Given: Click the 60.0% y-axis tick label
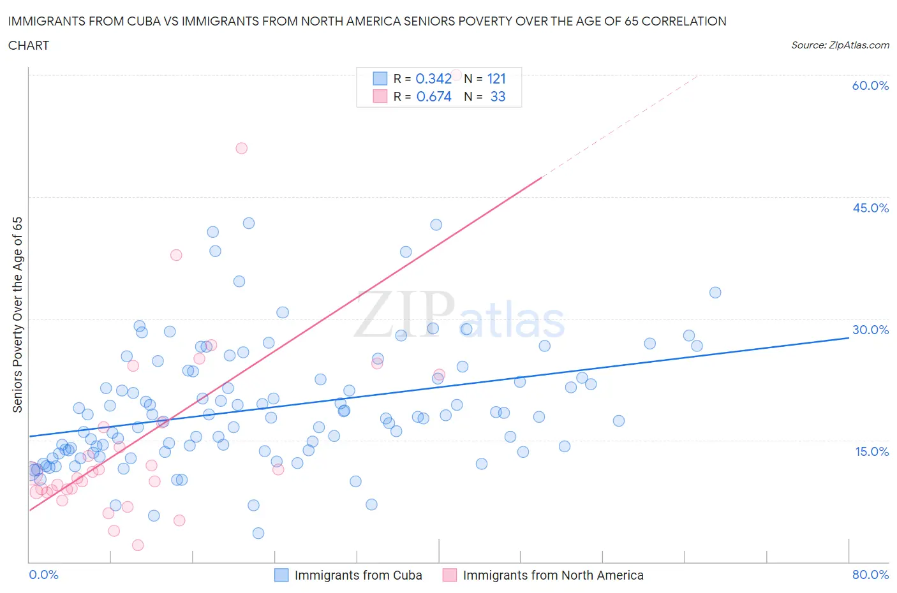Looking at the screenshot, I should click(x=870, y=85).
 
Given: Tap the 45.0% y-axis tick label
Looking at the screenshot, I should click(x=870, y=208).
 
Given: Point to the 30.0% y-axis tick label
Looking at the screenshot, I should click(x=870, y=330).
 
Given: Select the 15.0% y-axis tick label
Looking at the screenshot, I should click(x=870, y=451).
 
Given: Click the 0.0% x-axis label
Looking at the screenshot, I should click(x=43, y=575).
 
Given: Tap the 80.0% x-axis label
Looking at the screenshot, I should click(x=870, y=575).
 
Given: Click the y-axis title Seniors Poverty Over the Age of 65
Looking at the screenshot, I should click(x=18, y=314).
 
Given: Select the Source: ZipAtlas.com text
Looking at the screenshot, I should click(x=840, y=45).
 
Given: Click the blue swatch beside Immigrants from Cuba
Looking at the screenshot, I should click(x=281, y=575).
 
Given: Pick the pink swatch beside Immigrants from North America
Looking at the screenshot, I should click(x=450, y=575).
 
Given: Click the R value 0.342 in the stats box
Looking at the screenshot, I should click(x=434, y=78).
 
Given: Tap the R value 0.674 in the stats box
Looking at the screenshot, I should click(x=434, y=96).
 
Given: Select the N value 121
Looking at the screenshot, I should click(x=496, y=78).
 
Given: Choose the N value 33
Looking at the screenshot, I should click(x=498, y=96).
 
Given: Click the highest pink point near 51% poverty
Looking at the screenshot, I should click(x=241, y=148).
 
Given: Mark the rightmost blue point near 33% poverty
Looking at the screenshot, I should click(x=715, y=293).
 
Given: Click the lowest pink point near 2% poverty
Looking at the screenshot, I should click(x=138, y=545).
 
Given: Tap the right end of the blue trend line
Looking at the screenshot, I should click(x=849, y=337).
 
